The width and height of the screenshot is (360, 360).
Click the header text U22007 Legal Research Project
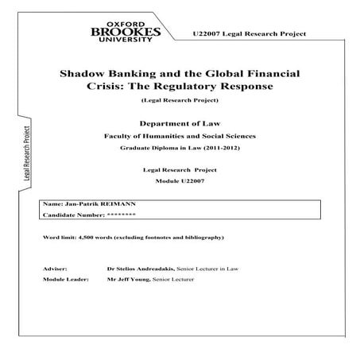coord(249,36)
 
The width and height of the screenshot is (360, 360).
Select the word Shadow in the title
coord(84,72)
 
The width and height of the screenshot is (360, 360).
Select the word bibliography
coord(202,238)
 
